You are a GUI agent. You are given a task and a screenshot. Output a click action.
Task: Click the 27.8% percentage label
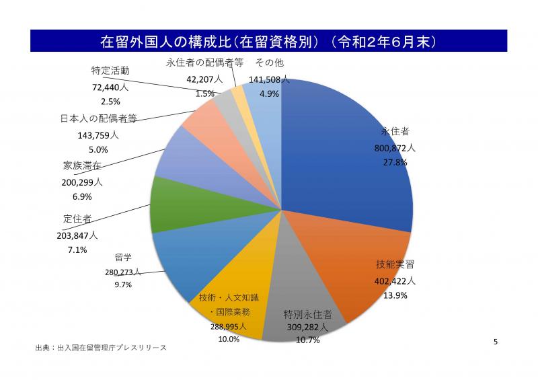395,162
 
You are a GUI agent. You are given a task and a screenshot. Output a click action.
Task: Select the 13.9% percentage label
395,295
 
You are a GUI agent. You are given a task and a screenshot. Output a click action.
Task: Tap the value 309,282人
305,328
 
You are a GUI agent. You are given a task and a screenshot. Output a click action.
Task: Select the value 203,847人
77,235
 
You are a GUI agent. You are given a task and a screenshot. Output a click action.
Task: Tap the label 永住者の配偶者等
204,63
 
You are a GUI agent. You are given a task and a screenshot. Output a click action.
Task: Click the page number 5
495,342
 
